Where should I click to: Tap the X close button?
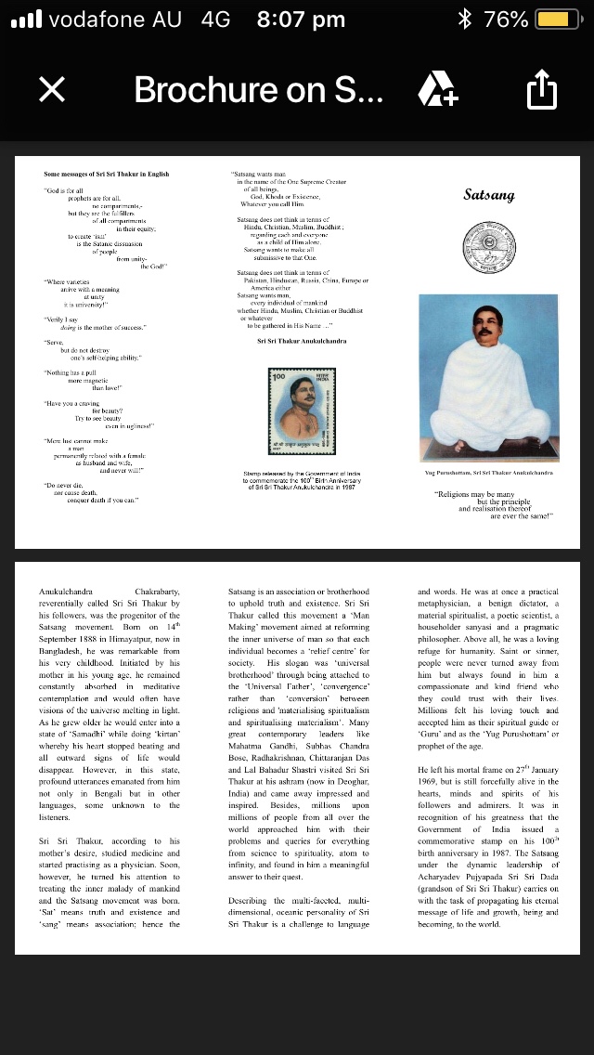tap(52, 89)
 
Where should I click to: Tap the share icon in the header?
tap(541, 89)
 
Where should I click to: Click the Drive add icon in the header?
tap(437, 89)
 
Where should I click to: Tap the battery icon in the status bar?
tap(559, 20)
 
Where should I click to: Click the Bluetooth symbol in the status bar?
tap(464, 20)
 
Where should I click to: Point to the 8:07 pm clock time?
tap(300, 20)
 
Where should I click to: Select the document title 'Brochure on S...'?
tap(258, 89)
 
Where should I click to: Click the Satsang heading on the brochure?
tap(488, 195)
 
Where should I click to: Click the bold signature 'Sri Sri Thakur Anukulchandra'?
tap(302, 341)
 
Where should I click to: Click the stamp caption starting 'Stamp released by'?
tap(302, 479)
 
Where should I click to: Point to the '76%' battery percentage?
tap(506, 20)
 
